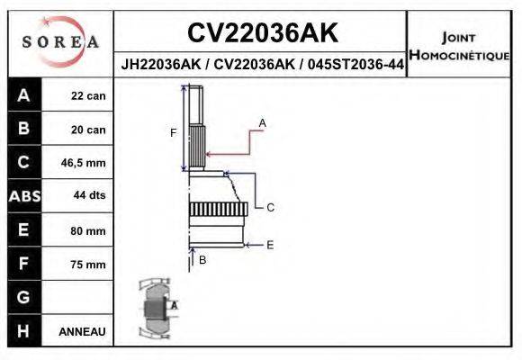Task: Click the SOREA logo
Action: coord(60,42)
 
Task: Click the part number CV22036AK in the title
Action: coord(263,33)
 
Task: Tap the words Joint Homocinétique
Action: coord(458,46)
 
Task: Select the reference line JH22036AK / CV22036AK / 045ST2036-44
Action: coord(262,66)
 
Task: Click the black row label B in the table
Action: coord(23,129)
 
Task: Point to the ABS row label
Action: coord(23,196)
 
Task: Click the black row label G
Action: coord(23,297)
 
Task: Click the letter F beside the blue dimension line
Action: coord(174,133)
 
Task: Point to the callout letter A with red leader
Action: coord(262,121)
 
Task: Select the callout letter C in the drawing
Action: coord(269,207)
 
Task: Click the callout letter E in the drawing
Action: coord(269,244)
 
